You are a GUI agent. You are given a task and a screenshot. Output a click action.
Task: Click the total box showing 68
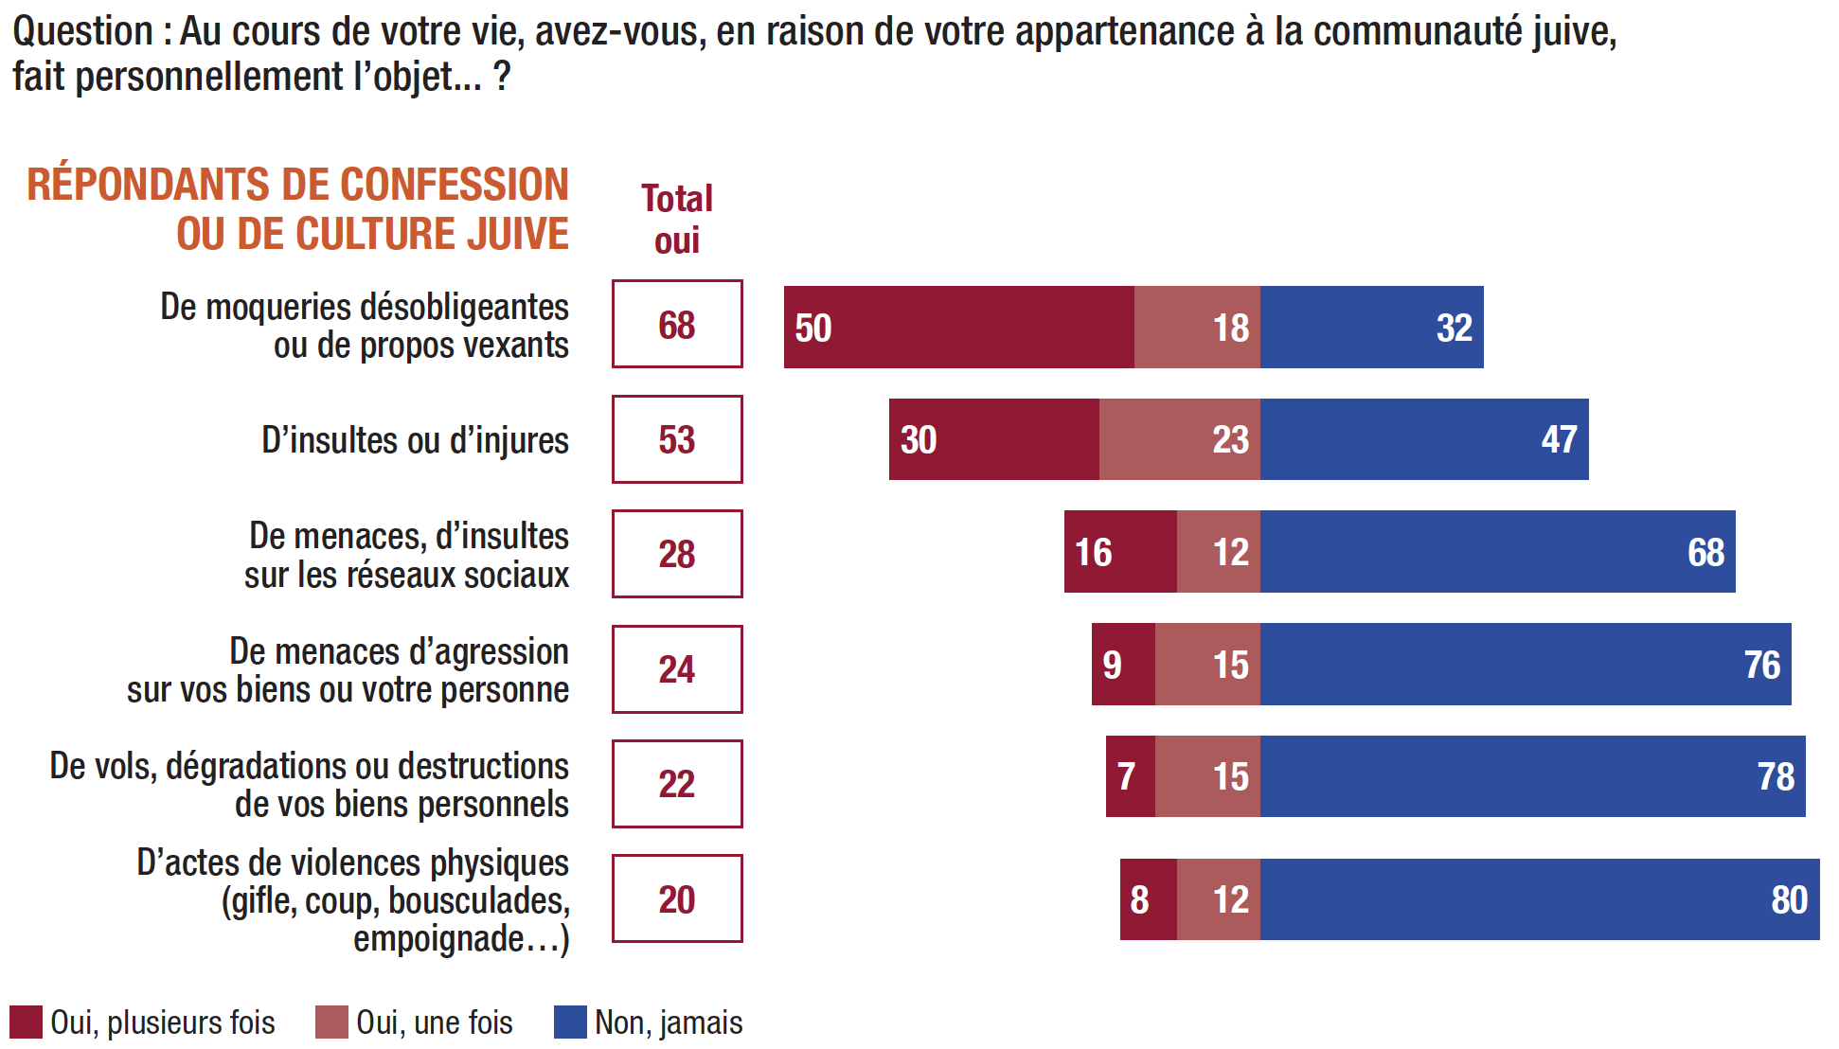[677, 324]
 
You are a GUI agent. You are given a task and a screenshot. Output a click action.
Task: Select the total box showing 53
[677, 439]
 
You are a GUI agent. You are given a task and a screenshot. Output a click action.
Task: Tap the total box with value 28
[677, 554]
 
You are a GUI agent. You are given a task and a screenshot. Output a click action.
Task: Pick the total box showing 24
[677, 669]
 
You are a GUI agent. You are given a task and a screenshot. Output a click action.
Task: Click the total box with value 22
[677, 784]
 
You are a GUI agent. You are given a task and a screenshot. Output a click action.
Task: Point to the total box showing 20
[677, 898]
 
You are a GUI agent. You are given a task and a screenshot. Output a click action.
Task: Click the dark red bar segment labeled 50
[958, 327]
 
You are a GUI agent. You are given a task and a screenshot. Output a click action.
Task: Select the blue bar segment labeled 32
[1371, 327]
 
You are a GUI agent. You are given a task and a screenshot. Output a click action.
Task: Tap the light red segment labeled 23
[1179, 439]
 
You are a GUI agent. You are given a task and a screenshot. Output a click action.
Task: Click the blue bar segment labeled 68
[1497, 552]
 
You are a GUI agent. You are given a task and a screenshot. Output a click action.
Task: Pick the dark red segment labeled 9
[1123, 665]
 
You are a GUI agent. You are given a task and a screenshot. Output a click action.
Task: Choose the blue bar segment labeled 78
[1532, 776]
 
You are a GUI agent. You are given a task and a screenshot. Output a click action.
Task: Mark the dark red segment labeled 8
[1148, 899]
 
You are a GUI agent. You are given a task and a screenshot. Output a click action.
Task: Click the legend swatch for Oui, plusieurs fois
[26, 1022]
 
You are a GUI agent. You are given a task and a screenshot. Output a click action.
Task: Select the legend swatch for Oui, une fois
[331, 1022]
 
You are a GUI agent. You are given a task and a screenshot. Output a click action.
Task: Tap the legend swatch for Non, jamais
[570, 1022]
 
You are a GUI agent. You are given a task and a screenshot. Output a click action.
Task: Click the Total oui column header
[677, 219]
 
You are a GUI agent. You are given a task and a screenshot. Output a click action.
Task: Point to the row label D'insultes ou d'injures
[415, 440]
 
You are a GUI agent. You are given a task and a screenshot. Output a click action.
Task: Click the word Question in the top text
[82, 31]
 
